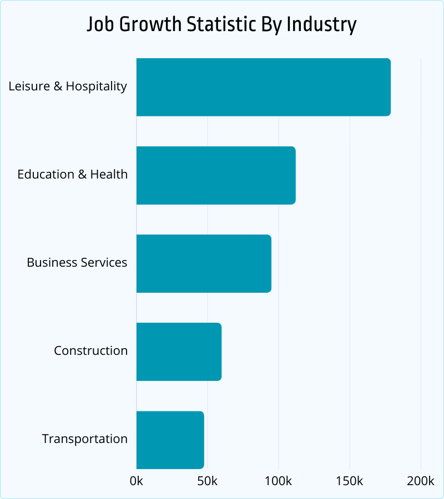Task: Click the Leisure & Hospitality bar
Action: click(263, 87)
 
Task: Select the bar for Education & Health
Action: click(215, 175)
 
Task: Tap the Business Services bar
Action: click(204, 263)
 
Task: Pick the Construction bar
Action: click(179, 352)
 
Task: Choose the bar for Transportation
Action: click(170, 440)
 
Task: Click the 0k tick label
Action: click(137, 481)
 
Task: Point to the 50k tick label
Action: click(208, 481)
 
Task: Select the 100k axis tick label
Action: click(279, 481)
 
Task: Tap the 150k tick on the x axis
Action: click(350, 481)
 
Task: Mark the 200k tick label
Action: click(421, 481)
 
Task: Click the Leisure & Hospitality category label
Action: click(68, 86)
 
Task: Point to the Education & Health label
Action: click(72, 175)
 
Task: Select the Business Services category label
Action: click(77, 263)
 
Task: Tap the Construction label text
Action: click(90, 351)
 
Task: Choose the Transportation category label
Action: click(85, 439)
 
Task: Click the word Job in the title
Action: click(100, 26)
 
